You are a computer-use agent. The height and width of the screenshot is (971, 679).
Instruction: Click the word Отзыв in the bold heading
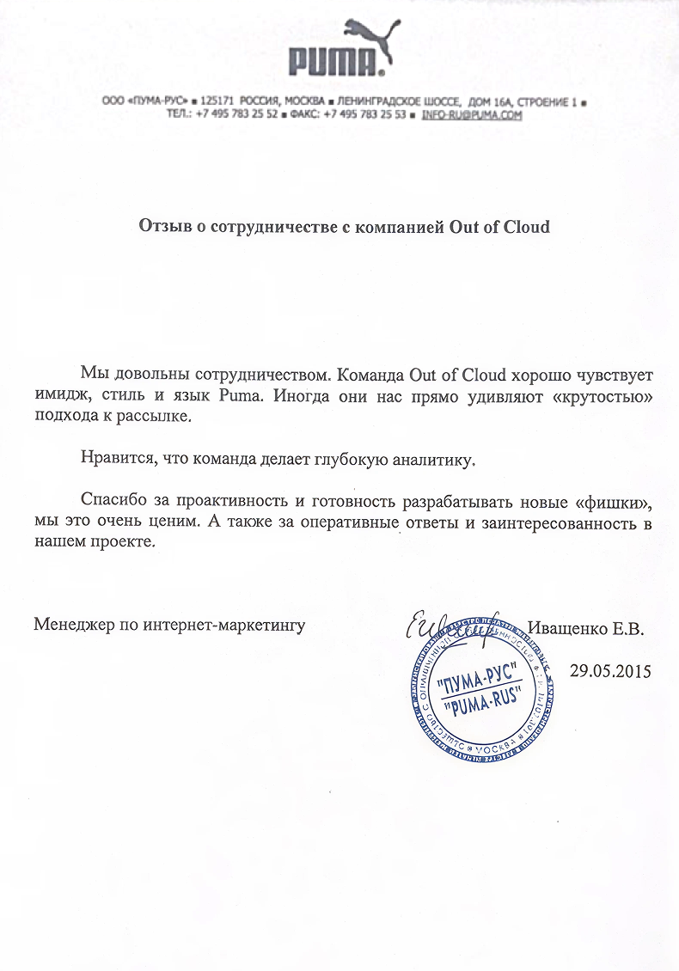point(163,228)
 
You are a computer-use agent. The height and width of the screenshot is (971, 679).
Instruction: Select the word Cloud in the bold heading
point(523,228)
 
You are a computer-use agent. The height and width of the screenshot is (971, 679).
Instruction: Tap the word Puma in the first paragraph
point(239,397)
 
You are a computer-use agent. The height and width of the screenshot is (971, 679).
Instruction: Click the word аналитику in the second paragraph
point(436,460)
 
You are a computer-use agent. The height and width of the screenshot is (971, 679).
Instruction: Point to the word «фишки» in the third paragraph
point(613,501)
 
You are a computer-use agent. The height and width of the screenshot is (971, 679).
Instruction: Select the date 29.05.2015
point(611,670)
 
